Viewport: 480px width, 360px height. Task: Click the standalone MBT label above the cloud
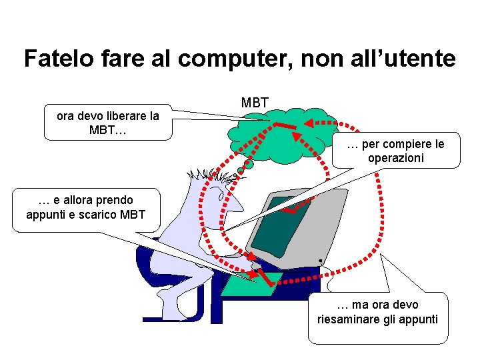(x=255, y=103)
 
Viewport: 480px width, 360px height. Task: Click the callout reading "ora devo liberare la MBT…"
(x=108, y=122)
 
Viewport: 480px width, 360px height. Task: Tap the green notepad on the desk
(x=248, y=283)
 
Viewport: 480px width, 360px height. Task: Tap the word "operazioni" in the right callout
(x=395, y=158)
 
